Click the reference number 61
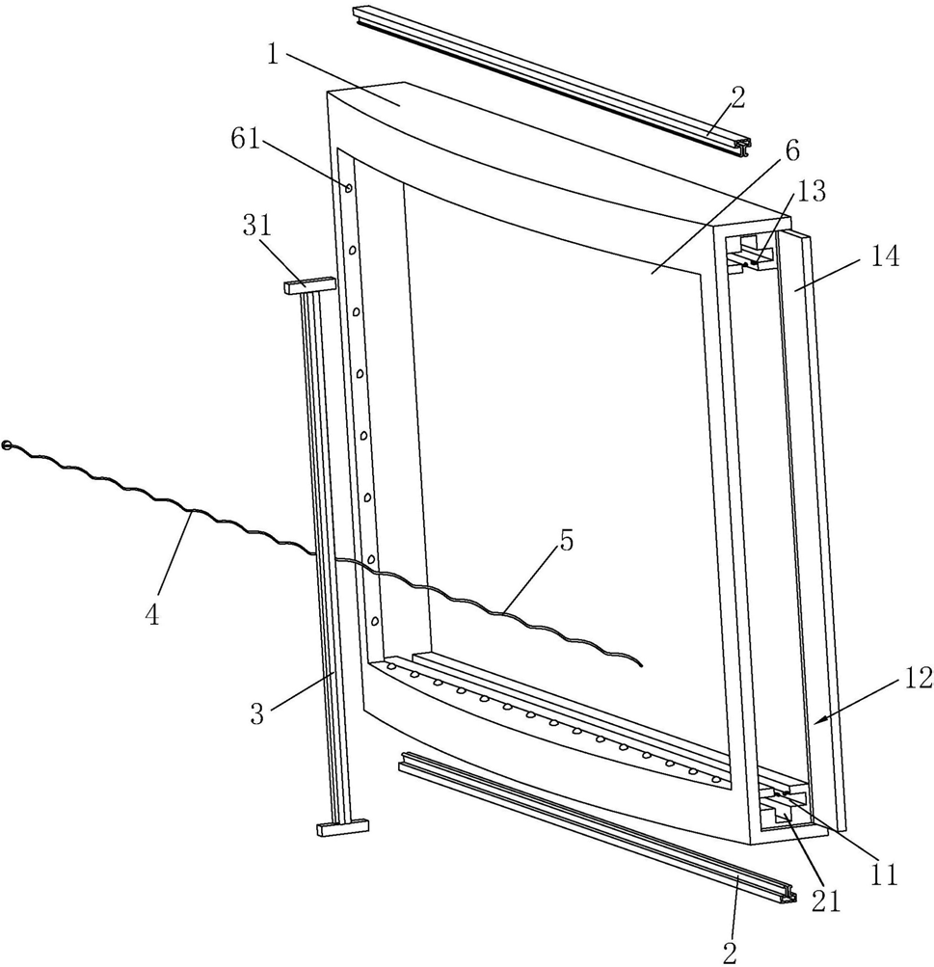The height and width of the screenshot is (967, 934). tap(245, 141)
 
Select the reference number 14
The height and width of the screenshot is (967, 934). tap(884, 257)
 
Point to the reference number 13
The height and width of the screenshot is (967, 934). tap(812, 193)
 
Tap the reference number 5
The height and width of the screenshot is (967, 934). tap(566, 542)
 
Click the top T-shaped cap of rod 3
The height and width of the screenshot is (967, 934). tap(309, 285)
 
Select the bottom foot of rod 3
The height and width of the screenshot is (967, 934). tap(342, 826)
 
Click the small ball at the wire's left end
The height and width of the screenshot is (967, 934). tap(8, 445)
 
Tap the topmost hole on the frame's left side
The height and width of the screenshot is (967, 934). tap(348, 186)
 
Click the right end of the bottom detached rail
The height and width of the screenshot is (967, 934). tap(793, 895)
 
